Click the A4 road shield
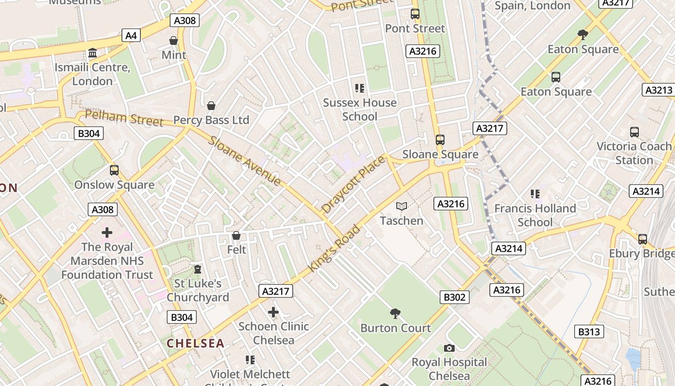click(x=131, y=35)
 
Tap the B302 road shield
click(x=454, y=297)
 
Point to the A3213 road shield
click(x=659, y=90)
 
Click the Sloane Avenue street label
click(x=244, y=161)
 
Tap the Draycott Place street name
click(x=353, y=184)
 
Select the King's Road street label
click(x=334, y=248)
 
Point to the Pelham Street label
click(x=124, y=118)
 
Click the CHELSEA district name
click(x=196, y=344)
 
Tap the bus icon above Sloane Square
click(x=440, y=140)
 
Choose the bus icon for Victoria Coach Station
click(x=634, y=132)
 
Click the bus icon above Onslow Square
click(x=114, y=170)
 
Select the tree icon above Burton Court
click(x=395, y=314)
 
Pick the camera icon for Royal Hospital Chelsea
click(x=449, y=348)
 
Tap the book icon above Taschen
click(x=401, y=207)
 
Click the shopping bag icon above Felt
click(x=236, y=235)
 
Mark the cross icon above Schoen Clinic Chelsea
click(x=273, y=312)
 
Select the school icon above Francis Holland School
click(x=535, y=194)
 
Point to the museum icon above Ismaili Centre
click(x=93, y=53)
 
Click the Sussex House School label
click(x=360, y=110)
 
